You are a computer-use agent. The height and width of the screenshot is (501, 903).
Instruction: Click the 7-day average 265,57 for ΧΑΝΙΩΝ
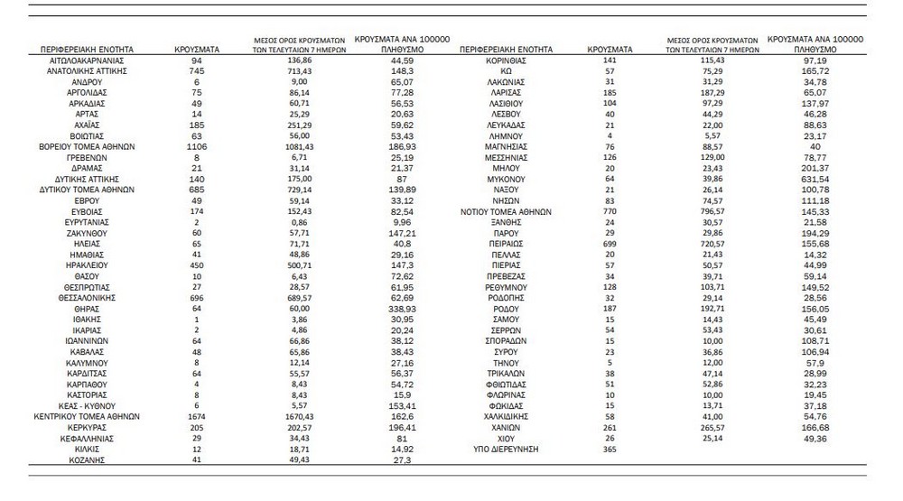click(709, 427)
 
